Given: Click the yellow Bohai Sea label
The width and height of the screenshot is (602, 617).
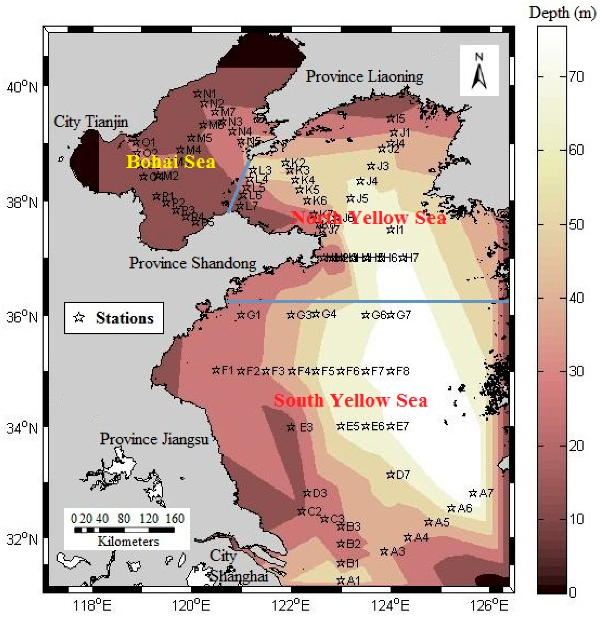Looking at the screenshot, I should (x=171, y=162).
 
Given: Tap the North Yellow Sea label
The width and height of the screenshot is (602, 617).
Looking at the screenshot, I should (x=368, y=218).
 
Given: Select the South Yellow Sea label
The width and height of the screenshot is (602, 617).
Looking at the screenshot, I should (x=350, y=400).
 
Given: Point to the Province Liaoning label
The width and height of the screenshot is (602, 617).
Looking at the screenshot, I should (x=364, y=76).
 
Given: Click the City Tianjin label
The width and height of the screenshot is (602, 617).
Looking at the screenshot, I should (x=91, y=122).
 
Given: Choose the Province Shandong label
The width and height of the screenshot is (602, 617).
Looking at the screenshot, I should (x=193, y=263).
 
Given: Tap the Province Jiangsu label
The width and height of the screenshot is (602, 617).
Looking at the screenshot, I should (x=154, y=439).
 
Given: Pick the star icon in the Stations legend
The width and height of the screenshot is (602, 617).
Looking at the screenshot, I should (x=79, y=317).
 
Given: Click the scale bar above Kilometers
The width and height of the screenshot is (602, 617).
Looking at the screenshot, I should (x=124, y=530).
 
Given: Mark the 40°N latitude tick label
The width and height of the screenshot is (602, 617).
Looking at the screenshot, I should (x=22, y=87).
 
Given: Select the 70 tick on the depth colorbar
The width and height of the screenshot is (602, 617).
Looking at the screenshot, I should (x=576, y=77).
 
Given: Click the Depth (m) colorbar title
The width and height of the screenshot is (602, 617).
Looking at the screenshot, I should (x=562, y=13).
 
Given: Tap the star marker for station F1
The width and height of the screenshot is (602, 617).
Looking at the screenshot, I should (x=216, y=370).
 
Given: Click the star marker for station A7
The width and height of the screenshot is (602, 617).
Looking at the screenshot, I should (x=473, y=493).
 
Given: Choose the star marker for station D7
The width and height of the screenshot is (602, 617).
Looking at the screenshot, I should (x=390, y=475).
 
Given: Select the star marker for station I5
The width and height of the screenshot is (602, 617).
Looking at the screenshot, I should (x=390, y=119).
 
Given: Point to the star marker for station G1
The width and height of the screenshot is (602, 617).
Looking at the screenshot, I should (x=241, y=315).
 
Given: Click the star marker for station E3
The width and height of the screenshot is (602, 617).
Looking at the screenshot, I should (x=291, y=427).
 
